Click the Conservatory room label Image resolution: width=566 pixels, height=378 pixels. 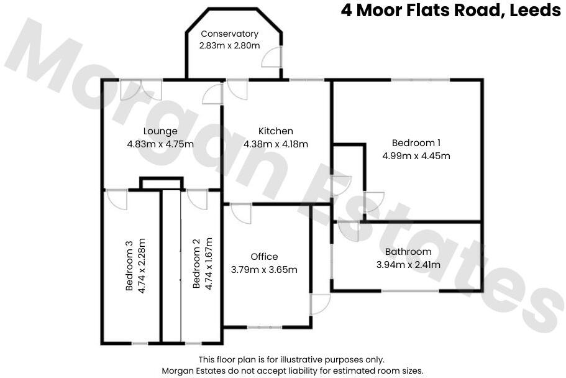[229, 34]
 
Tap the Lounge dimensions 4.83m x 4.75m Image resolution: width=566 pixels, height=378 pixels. [160, 144]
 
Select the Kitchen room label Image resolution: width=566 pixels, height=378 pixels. [275, 131]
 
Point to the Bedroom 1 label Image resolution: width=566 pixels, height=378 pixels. [416, 142]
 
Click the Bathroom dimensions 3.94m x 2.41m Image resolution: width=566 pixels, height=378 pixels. [408, 264]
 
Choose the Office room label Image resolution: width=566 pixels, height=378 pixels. [264, 257]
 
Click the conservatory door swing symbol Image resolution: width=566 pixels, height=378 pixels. [271, 57]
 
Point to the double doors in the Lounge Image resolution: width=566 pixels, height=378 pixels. [141, 89]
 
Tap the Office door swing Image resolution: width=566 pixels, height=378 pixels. [241, 213]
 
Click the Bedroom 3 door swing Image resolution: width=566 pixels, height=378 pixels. [116, 199]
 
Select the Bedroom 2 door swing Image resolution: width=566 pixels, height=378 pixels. [196, 199]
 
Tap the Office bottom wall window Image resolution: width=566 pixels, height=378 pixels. [264, 326]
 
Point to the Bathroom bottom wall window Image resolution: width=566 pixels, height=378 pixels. [410, 290]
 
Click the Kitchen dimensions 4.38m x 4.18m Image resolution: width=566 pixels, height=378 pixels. [275, 144]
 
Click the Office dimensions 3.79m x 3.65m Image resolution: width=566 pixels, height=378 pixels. [264, 269]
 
